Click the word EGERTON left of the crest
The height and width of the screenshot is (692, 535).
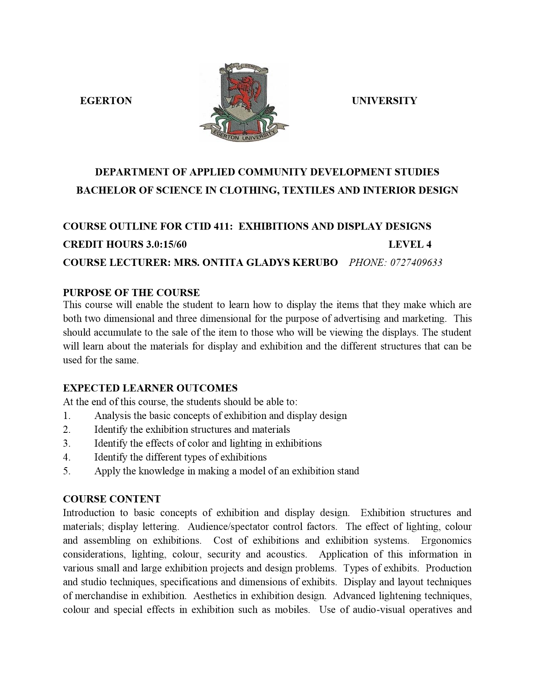[106, 101]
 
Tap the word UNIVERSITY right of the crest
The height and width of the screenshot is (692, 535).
[384, 101]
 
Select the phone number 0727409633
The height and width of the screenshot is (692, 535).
[416, 263]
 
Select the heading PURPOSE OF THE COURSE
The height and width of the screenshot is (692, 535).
[131, 292]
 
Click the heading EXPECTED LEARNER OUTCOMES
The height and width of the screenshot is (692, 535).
[150, 388]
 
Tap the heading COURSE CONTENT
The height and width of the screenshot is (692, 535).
[112, 499]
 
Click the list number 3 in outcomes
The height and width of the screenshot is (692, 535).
[66, 443]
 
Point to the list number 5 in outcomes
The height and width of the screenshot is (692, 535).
[66, 471]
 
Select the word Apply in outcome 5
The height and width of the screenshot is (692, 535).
[107, 471]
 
